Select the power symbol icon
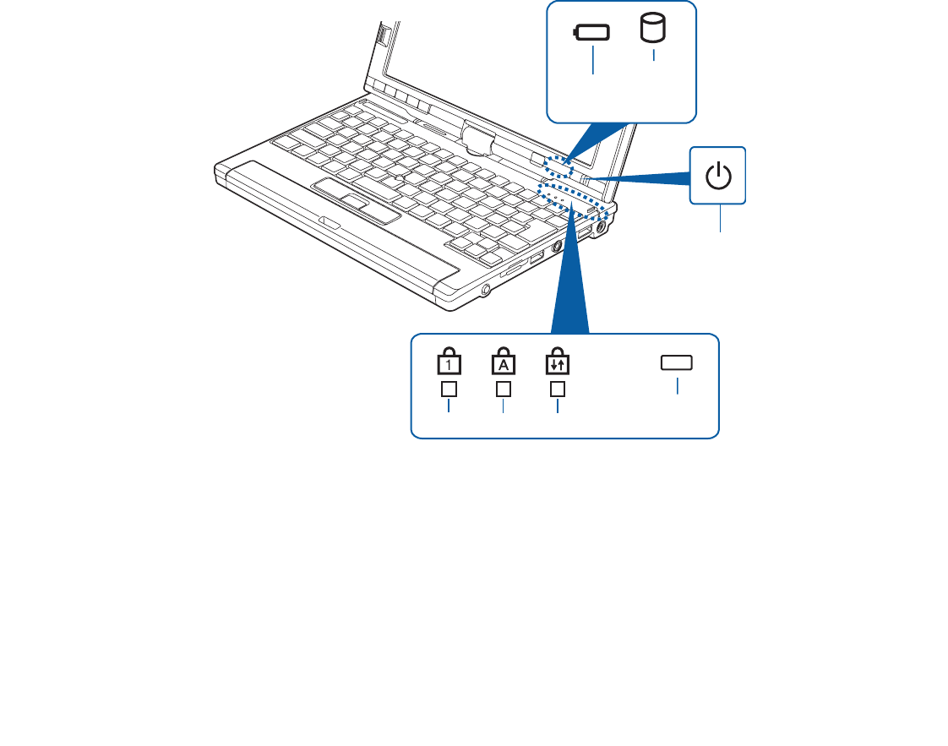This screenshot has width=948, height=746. tap(718, 177)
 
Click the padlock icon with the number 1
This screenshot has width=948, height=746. tap(447, 362)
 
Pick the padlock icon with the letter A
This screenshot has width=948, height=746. tap(503, 362)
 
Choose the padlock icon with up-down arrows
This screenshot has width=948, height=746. tap(558, 362)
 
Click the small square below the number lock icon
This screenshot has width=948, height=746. tap(449, 389)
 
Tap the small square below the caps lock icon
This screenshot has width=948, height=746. tap(504, 389)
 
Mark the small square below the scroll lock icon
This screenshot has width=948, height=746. tap(558, 389)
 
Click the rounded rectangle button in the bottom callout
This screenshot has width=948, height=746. tap(677, 362)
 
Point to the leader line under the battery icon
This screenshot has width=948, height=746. tap(593, 62)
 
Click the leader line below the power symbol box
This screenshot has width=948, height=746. tap(720, 219)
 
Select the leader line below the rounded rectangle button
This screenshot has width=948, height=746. tap(677, 385)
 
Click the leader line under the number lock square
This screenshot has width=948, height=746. tap(449, 406)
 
